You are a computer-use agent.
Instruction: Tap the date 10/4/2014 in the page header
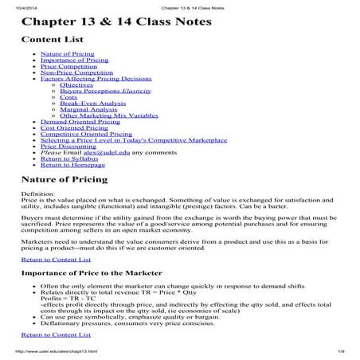[x=18, y=4]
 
